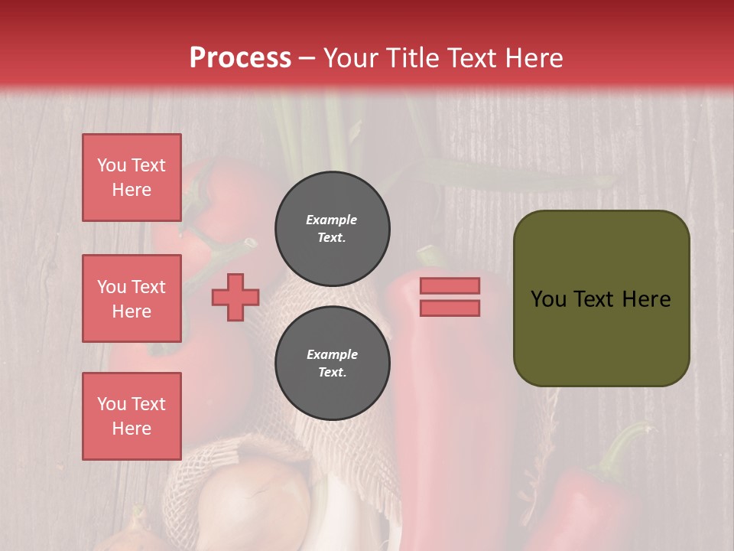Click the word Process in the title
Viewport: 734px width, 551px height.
click(240, 58)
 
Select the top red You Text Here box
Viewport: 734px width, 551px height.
click(132, 178)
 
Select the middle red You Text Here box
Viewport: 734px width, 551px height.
click(132, 298)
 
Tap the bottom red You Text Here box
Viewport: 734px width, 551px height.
click(132, 416)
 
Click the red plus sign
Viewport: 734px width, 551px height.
click(235, 297)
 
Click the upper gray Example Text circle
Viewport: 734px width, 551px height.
click(333, 228)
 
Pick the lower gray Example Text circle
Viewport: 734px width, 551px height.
click(333, 363)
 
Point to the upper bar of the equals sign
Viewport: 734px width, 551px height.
click(450, 285)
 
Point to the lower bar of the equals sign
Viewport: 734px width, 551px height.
click(450, 308)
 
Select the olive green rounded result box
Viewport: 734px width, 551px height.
click(601, 337)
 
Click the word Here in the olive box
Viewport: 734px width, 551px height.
click(645, 299)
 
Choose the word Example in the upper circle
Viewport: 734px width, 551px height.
click(332, 220)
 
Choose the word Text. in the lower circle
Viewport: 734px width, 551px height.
click(332, 372)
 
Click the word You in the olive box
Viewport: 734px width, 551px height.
click(548, 299)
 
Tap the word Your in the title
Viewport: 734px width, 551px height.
click(349, 58)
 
